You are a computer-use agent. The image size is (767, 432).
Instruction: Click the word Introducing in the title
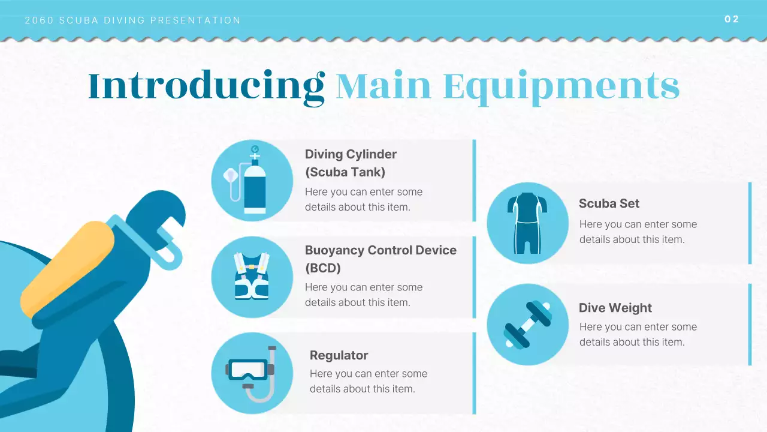click(x=206, y=86)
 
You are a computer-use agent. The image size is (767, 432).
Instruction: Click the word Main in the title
click(x=383, y=86)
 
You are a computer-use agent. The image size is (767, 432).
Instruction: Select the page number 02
click(x=732, y=19)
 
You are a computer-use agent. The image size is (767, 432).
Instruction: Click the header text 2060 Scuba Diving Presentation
click(x=132, y=20)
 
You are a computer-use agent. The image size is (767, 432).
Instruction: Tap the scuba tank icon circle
click(x=252, y=181)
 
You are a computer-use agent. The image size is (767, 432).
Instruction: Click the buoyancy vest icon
click(x=252, y=277)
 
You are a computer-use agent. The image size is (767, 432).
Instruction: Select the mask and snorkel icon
click(x=252, y=373)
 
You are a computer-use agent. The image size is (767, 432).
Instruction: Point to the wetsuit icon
click(x=527, y=223)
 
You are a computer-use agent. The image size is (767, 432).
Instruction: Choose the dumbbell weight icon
click(x=527, y=325)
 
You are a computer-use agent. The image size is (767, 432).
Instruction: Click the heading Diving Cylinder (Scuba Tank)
click(x=351, y=163)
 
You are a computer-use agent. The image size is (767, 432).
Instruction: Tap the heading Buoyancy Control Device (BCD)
click(x=381, y=259)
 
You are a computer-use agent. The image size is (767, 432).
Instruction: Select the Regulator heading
click(x=339, y=355)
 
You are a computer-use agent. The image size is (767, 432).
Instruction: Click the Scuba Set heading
click(x=609, y=203)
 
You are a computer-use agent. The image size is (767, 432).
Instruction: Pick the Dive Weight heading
click(x=615, y=308)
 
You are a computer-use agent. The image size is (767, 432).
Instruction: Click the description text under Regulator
click(x=368, y=381)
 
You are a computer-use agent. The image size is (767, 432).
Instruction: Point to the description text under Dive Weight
click(x=638, y=334)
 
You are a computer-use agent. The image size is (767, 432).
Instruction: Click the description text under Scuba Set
click(x=638, y=232)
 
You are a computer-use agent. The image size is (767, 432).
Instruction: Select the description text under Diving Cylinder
click(x=363, y=199)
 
